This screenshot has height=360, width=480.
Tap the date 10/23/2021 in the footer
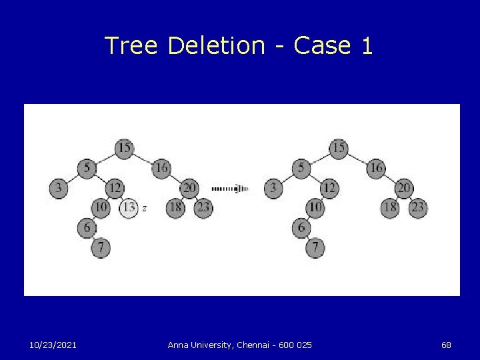pos(53,345)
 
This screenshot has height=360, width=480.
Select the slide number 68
pos(446,345)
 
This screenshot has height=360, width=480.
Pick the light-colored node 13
pos(129,208)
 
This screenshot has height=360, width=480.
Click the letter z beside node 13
pos(145,208)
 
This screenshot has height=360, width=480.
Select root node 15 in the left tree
pos(124,147)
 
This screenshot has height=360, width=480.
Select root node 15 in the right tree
pos(339,147)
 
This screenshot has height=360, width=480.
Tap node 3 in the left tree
pos(59,188)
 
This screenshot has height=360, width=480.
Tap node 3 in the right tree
pos(273,188)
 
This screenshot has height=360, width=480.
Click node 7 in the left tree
pos(101,248)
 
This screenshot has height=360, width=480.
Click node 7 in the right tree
pos(315,248)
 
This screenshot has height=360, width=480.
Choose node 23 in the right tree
pos(417,208)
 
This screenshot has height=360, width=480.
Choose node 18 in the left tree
pos(175,208)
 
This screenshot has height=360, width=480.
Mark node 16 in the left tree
pos(161,168)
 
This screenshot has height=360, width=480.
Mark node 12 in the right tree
pos(329,188)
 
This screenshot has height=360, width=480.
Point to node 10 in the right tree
pos(315,208)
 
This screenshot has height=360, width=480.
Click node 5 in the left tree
pos(87,168)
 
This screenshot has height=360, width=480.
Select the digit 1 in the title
pos(367,46)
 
